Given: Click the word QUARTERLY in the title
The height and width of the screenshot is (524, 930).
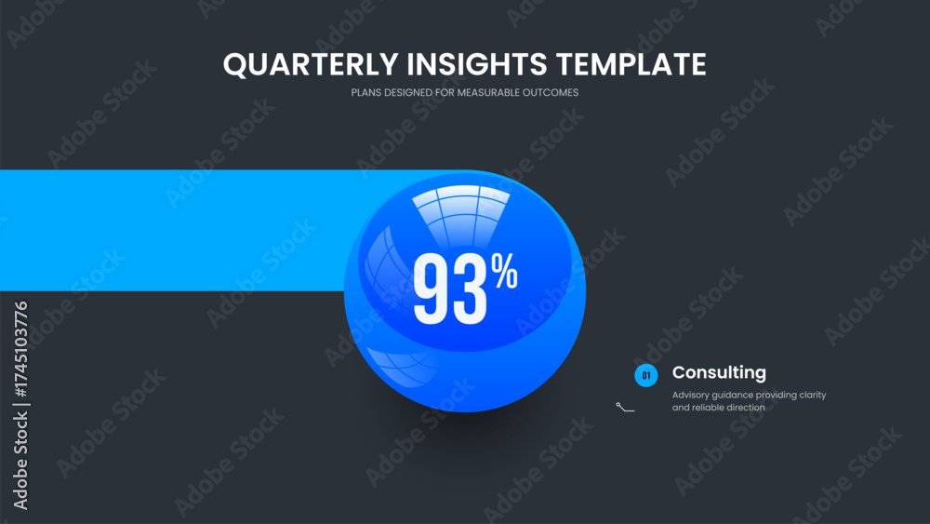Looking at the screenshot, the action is click(x=311, y=64).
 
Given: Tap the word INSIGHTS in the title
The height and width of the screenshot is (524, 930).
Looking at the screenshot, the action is click(x=477, y=64).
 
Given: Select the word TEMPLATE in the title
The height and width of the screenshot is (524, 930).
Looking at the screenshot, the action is click(x=631, y=64).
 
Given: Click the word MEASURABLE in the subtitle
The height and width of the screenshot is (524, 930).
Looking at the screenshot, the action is click(x=488, y=92).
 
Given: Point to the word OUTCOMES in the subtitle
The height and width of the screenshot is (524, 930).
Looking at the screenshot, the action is click(x=551, y=92).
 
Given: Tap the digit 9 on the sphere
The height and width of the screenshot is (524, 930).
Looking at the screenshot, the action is click(x=432, y=289).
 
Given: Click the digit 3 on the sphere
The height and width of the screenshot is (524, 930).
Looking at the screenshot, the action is click(x=470, y=289).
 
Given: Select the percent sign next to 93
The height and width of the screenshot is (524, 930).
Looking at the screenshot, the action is click(x=504, y=271).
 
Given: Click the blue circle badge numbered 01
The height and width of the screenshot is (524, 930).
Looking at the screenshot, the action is click(x=646, y=375).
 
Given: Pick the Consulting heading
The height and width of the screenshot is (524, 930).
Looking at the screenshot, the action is click(x=719, y=372).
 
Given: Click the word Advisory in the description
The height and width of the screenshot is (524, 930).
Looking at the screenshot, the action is click(x=690, y=396).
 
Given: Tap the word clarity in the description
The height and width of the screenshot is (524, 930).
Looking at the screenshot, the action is click(x=811, y=395).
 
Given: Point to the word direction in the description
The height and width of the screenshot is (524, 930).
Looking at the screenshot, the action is click(x=746, y=407).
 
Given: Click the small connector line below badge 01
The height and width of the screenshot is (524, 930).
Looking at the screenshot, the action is click(x=625, y=407).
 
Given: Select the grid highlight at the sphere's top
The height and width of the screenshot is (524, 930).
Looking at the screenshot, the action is click(x=461, y=215).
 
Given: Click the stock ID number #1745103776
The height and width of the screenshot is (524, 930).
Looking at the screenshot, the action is click(x=20, y=350).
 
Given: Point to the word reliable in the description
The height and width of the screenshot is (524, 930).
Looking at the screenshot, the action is click(x=708, y=407).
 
